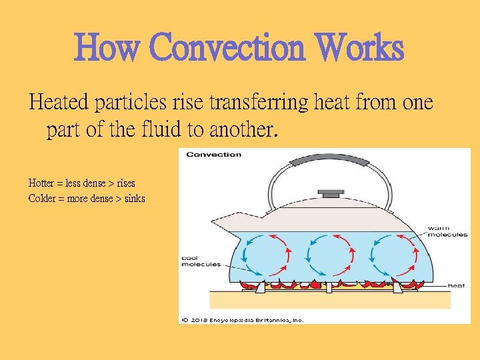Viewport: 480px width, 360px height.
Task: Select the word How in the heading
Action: pos(108,48)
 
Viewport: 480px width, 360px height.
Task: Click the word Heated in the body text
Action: pos(59,103)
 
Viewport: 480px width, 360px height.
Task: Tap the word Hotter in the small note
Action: pos(41,183)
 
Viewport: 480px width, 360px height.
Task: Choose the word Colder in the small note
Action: pos(42,198)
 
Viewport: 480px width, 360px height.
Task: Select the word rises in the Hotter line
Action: pos(125,183)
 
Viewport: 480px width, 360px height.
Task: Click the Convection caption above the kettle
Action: pos(213,155)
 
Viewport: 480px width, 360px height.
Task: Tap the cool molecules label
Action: pos(201,261)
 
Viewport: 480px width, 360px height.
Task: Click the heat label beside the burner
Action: pos(456,285)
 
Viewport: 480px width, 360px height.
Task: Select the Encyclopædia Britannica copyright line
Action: pos(243,320)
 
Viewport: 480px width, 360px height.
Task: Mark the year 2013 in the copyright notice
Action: pos(200,320)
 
